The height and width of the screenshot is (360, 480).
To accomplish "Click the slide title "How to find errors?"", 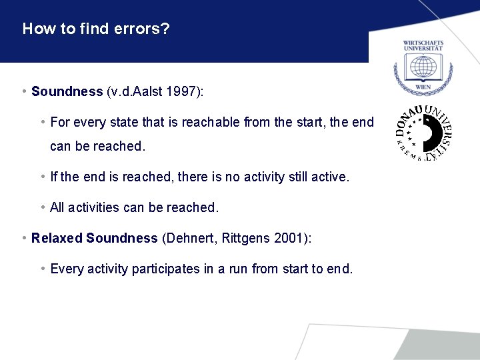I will click(x=96, y=29).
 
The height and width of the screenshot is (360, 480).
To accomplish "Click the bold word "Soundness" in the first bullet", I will click(x=67, y=91).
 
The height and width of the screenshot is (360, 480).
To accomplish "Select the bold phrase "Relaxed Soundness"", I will click(x=94, y=238).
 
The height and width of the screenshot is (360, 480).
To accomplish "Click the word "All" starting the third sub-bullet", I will click(x=57, y=207).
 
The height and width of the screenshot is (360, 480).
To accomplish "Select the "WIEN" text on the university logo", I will click(x=423, y=87).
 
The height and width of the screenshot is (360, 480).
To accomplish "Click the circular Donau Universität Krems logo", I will click(x=423, y=133).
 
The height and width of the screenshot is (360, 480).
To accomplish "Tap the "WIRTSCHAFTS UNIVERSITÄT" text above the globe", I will click(x=423, y=46).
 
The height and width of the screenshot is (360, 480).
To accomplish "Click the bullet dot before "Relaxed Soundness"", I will click(x=24, y=238).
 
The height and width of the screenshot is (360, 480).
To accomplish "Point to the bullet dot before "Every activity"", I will click(x=43, y=269).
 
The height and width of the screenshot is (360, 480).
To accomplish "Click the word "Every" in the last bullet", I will click(x=65, y=269).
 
